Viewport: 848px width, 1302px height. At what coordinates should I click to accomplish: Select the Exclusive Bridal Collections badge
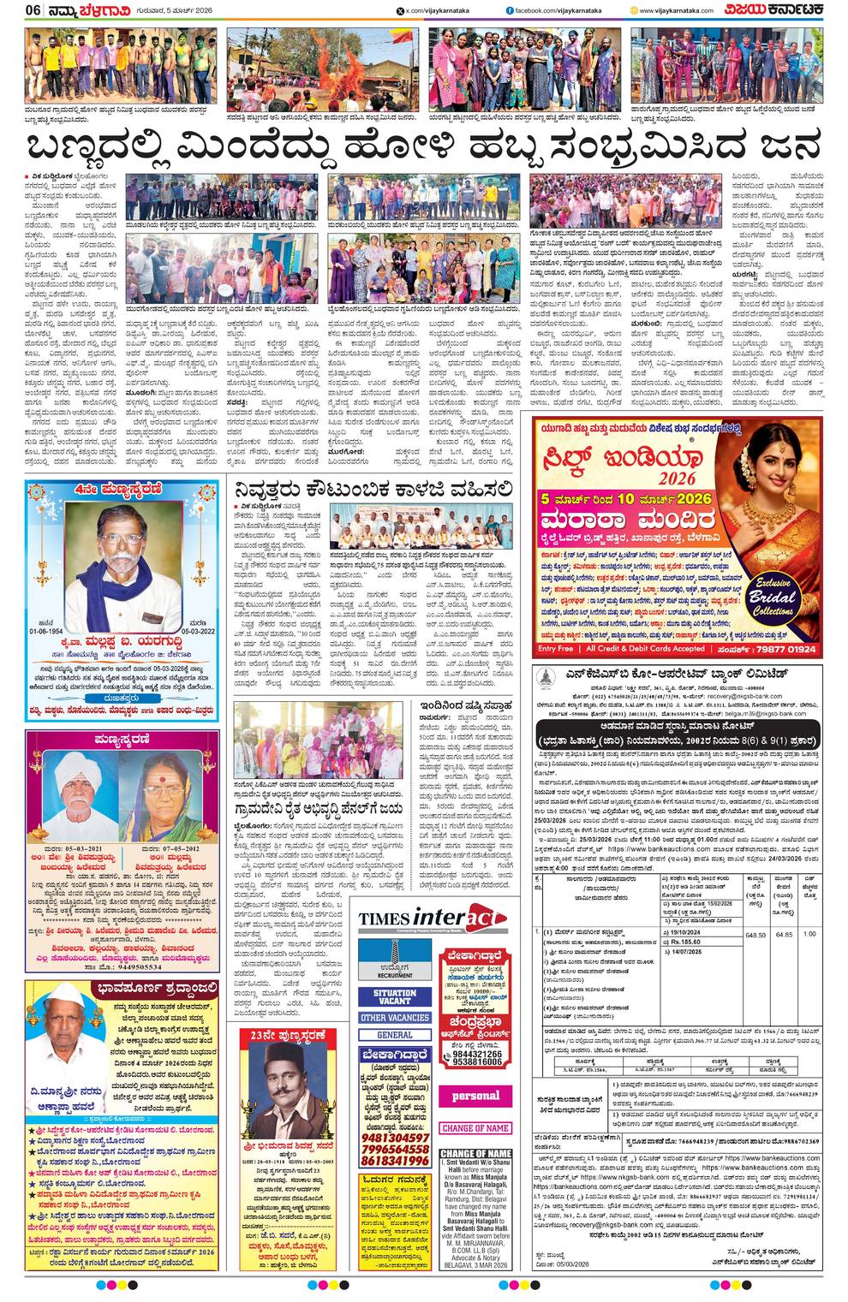point(772,599)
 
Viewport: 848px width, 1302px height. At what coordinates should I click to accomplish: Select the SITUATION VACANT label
point(394,997)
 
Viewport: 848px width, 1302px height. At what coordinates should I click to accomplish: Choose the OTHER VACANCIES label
point(394,1018)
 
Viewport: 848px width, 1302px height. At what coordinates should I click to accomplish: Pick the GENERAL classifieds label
point(394,1035)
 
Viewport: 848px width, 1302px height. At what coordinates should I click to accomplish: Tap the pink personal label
point(475,1096)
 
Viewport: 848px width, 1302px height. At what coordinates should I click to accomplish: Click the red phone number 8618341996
point(394,1161)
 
